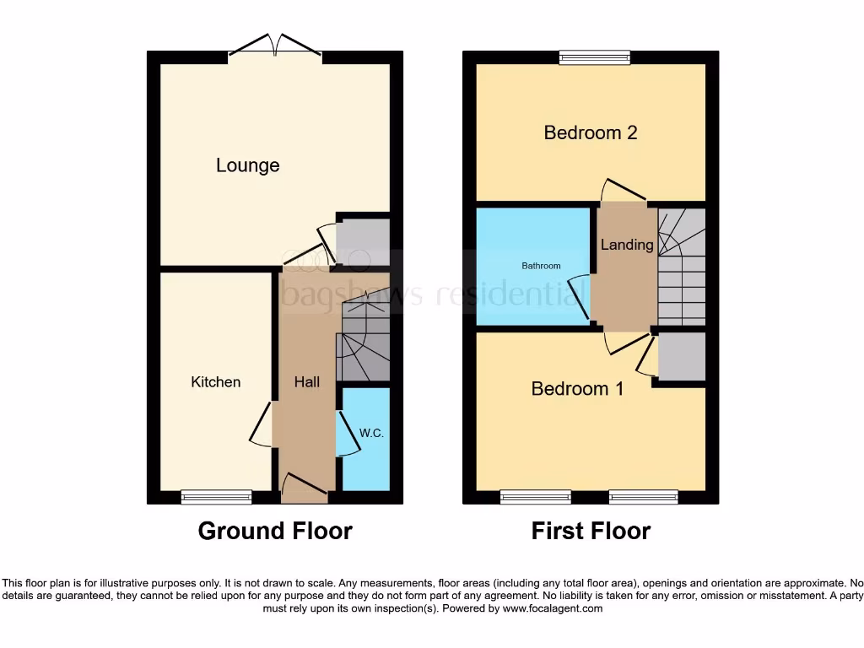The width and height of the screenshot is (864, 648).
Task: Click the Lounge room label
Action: coord(247,165)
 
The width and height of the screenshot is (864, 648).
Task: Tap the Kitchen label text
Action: coord(216,382)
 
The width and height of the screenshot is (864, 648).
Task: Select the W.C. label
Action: coord(371,433)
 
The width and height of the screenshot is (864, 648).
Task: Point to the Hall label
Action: coord(306,382)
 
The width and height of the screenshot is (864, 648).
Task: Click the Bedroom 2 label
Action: coord(590,132)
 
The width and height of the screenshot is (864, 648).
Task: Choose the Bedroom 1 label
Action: coord(577,389)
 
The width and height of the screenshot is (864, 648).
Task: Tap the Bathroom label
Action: coord(541,266)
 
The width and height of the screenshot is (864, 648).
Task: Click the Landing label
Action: coord(626,245)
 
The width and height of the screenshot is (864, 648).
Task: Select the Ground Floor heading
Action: coord(274,531)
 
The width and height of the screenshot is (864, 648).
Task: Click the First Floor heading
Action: coord(591,531)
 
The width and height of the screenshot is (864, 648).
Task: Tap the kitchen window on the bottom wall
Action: coord(216,497)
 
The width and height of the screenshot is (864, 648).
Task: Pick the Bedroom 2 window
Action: coord(595,57)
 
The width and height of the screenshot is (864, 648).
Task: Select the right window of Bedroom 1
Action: coord(643,497)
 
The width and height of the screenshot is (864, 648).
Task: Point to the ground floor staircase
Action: coord(364,346)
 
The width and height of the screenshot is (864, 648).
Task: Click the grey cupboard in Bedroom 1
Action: coord(681,357)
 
